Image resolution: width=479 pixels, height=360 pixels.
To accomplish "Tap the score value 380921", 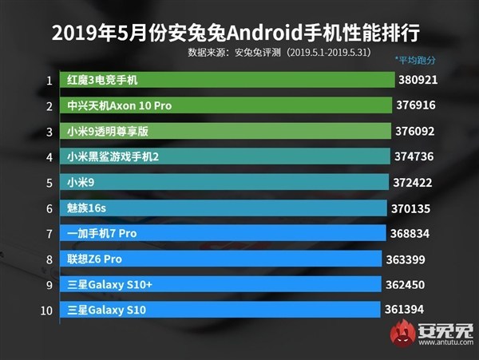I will (422, 80).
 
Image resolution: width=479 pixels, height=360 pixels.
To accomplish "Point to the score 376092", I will (419, 131).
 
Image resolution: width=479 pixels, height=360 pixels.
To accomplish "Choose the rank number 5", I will (49, 183).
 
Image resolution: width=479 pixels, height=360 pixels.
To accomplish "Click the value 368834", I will (412, 233).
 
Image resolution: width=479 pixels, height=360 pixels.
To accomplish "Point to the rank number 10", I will (46, 310).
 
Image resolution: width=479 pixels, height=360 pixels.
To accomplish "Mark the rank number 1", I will (49, 80).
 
